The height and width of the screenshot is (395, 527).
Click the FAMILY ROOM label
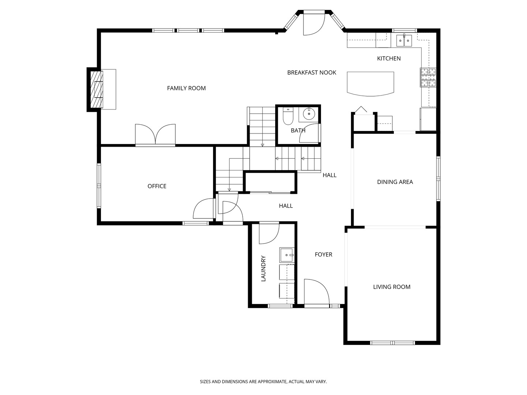click(186, 88)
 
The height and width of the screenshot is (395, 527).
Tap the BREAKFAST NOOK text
click(312, 72)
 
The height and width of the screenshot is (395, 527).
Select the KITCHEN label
click(389, 58)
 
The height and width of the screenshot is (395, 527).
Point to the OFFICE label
click(157, 186)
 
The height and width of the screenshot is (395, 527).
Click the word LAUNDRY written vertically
click(263, 268)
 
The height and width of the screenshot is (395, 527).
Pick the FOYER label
click(324, 255)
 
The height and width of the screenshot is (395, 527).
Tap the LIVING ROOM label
click(392, 287)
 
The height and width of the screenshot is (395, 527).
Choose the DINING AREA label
click(395, 182)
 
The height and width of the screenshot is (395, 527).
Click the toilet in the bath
click(288, 116)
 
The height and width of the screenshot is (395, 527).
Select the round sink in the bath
click(309, 114)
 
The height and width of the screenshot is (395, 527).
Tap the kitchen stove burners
click(428, 77)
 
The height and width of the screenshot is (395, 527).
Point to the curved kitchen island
click(370, 84)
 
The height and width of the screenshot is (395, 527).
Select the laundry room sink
click(287, 255)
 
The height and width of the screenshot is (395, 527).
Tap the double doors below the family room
click(155, 135)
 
